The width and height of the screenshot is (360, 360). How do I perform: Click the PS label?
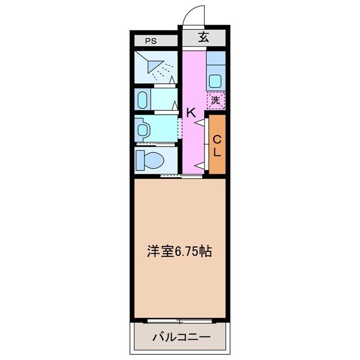pos(150,40)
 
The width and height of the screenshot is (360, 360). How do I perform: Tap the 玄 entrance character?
pos(203,38)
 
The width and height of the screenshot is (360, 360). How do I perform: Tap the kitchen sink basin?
pos(215,80)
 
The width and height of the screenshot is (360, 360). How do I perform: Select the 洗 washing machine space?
pos(215,101)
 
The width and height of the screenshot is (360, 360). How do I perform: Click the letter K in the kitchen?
pos(191,112)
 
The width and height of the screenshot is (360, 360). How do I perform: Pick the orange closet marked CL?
pos(217,145)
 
